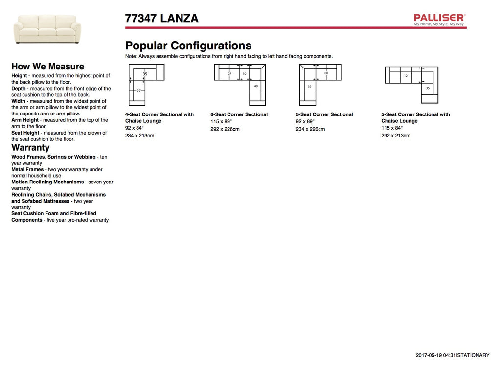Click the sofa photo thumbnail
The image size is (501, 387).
[47, 28]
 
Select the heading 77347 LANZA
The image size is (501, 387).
[162, 19]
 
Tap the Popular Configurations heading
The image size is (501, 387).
[188, 46]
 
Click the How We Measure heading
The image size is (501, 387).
[47, 67]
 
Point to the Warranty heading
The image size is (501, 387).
[30, 148]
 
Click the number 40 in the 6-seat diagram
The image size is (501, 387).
[256, 86]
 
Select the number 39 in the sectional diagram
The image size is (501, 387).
[309, 87]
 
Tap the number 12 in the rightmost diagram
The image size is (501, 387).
[406, 76]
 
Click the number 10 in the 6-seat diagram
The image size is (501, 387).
[245, 74]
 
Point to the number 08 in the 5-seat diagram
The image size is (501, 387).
[326, 73]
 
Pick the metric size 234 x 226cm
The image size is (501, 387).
[310, 129]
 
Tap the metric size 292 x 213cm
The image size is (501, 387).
[396, 136]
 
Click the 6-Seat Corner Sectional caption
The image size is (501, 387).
[239, 114]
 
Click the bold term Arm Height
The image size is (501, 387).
[25, 120]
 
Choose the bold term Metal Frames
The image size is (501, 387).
[27, 169]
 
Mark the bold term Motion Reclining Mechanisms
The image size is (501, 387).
[47, 182]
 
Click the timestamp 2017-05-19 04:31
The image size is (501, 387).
[435, 355]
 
